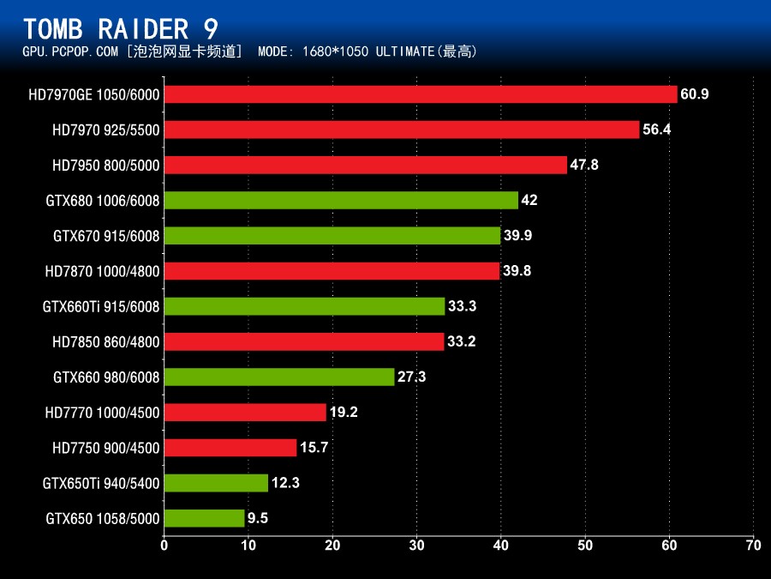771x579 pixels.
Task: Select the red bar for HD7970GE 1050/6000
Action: point(420,94)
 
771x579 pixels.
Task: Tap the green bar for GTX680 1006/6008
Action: point(340,200)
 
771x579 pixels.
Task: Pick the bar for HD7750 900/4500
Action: point(230,448)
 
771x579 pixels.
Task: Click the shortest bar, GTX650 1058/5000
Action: point(204,518)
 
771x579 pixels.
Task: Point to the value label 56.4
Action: point(657,130)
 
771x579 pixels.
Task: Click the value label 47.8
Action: point(584,165)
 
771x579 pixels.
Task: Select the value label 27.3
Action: point(411,377)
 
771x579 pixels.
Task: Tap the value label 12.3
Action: point(285,483)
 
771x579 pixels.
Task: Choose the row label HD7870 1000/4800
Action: point(102,271)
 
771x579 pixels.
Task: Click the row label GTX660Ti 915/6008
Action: point(101,306)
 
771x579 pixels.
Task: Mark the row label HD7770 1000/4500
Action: point(102,413)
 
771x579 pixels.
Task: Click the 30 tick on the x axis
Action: point(416,544)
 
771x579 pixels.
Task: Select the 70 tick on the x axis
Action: point(753,544)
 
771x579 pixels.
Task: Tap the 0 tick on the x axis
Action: point(164,544)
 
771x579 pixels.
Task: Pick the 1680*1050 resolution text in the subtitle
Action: point(338,51)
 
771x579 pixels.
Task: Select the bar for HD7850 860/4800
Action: point(303,341)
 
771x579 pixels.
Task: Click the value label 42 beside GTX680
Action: point(529,200)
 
